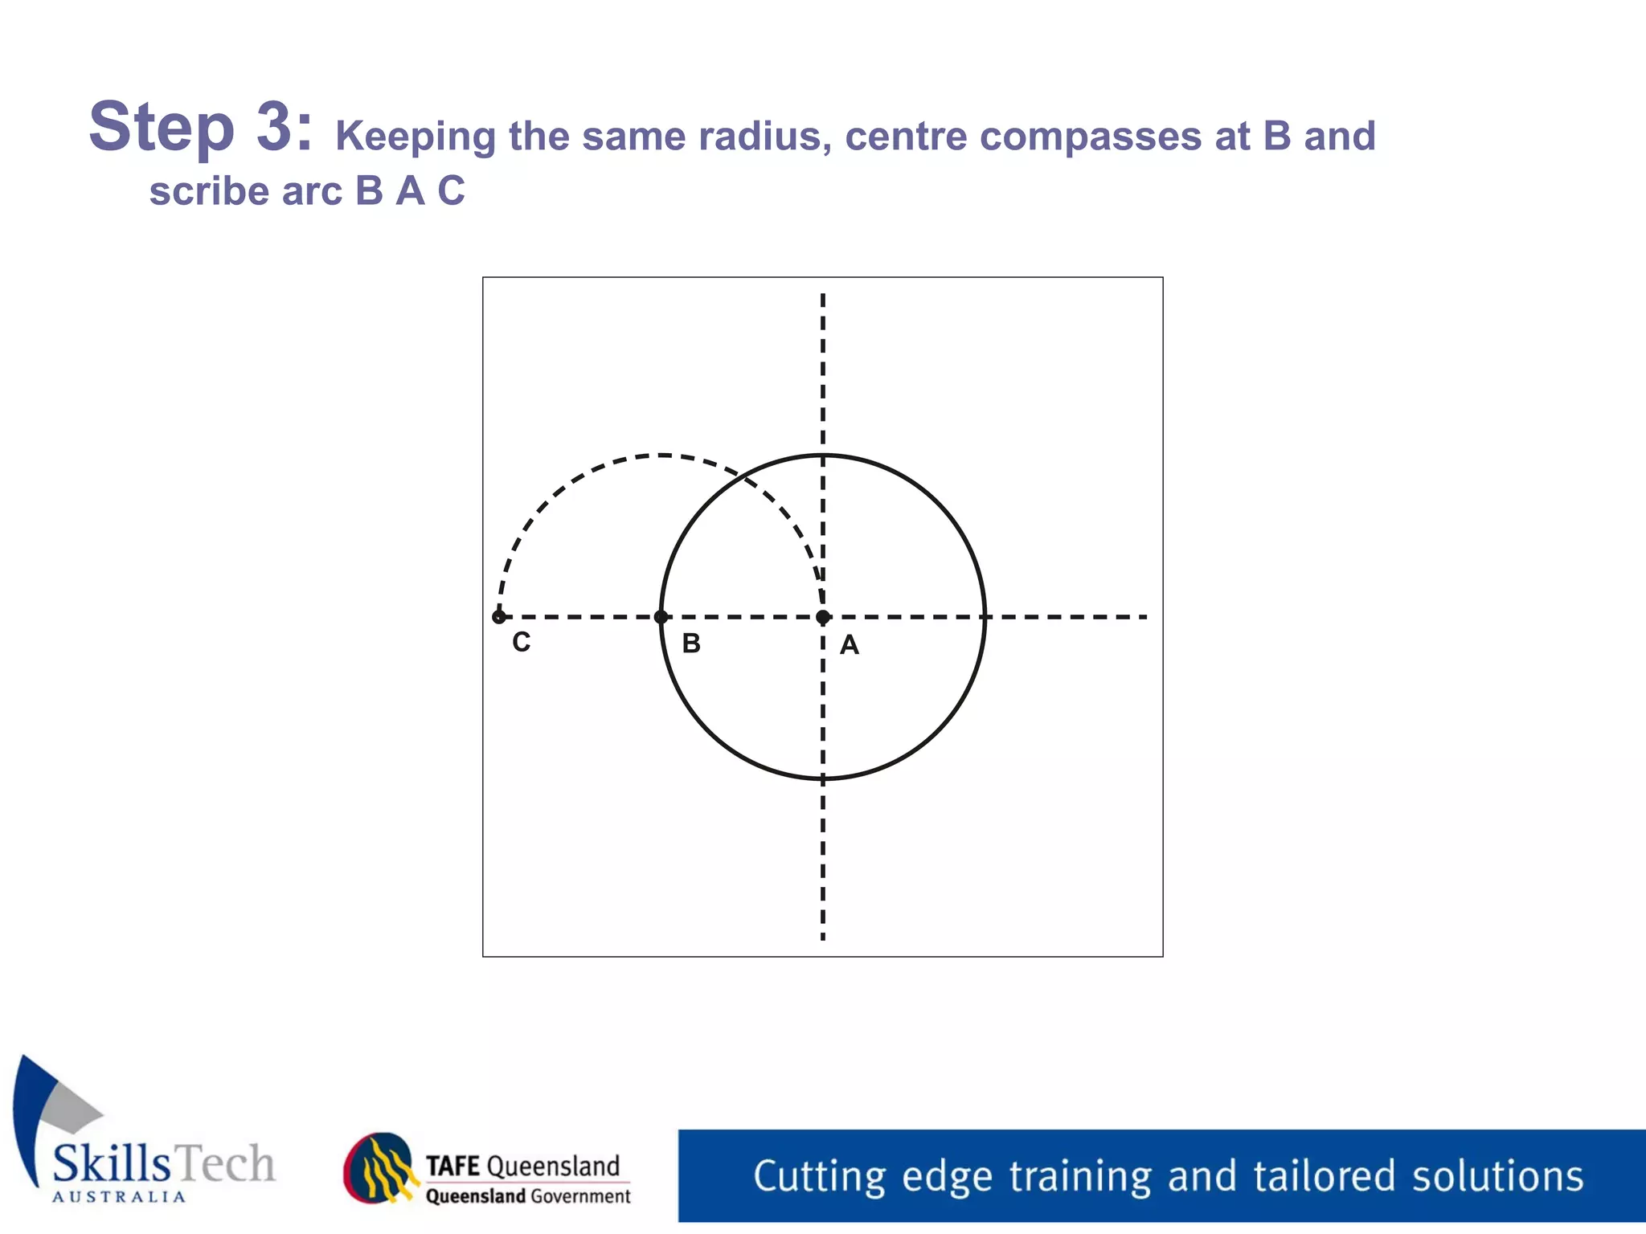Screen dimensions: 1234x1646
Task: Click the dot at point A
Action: click(x=822, y=617)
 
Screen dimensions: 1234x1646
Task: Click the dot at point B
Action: click(x=661, y=617)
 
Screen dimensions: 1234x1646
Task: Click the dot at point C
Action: click(x=499, y=617)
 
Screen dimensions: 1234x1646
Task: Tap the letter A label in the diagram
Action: click(x=850, y=645)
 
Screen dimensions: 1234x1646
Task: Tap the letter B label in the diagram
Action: click(x=691, y=644)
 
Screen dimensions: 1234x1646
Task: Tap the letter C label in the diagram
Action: click(x=522, y=642)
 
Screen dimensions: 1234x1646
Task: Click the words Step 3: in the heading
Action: click(x=200, y=127)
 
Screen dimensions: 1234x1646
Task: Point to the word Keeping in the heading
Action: click(x=415, y=137)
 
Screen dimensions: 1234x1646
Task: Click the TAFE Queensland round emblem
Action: click(x=380, y=1168)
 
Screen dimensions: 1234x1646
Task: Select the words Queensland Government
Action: click(x=528, y=1196)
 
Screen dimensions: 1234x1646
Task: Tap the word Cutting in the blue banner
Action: click(x=819, y=1177)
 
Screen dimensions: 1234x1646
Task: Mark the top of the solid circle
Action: click(x=822, y=456)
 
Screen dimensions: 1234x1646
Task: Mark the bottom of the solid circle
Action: click(x=822, y=778)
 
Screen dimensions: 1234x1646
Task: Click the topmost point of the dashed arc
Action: click(x=661, y=456)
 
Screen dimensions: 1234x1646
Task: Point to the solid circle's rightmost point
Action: click(x=985, y=617)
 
